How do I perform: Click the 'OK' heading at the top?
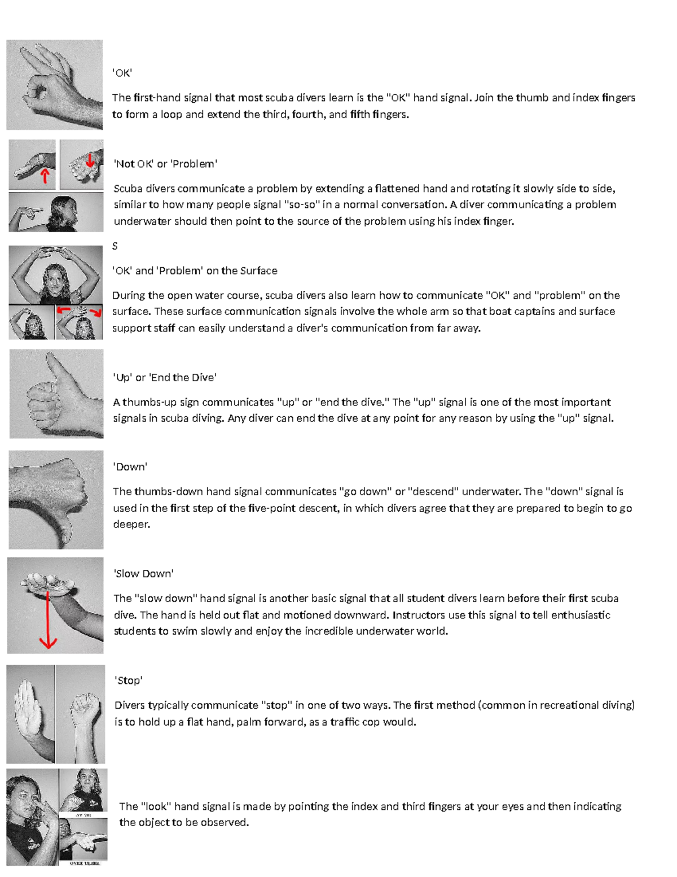pos(122,73)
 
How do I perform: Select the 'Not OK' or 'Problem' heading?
pos(165,164)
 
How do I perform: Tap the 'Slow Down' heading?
pos(143,574)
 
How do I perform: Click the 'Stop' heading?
pos(128,680)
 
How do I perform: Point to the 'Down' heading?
pos(130,467)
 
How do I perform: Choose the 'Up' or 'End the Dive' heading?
pos(165,377)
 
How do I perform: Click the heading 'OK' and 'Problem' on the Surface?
pos(195,270)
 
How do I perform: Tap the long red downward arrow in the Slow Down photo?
pos(49,621)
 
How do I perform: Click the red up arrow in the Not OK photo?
pos(45,176)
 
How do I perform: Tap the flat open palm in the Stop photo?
pos(29,706)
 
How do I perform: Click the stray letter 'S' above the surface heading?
pos(115,246)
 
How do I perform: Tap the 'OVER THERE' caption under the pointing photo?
pos(84,863)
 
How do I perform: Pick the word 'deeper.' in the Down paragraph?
pos(131,525)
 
